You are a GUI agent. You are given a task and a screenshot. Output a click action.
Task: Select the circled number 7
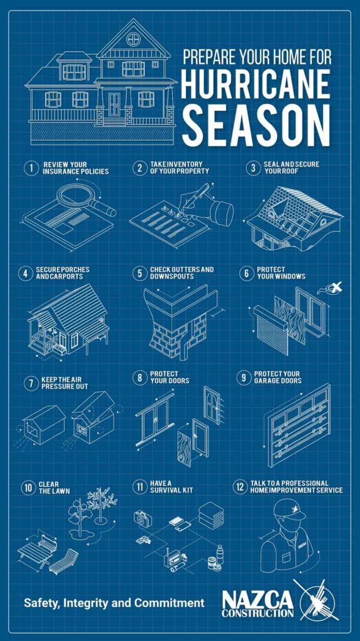[x=31, y=384]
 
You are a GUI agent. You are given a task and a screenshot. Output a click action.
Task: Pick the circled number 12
[x=240, y=487]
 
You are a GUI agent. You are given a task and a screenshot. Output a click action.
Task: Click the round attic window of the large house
[x=133, y=39]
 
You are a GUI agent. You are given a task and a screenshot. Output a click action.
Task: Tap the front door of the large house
[x=114, y=106]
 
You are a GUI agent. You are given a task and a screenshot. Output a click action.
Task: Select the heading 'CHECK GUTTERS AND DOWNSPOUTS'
[x=181, y=273]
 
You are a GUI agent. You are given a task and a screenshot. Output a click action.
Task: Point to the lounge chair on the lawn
[x=64, y=560]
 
